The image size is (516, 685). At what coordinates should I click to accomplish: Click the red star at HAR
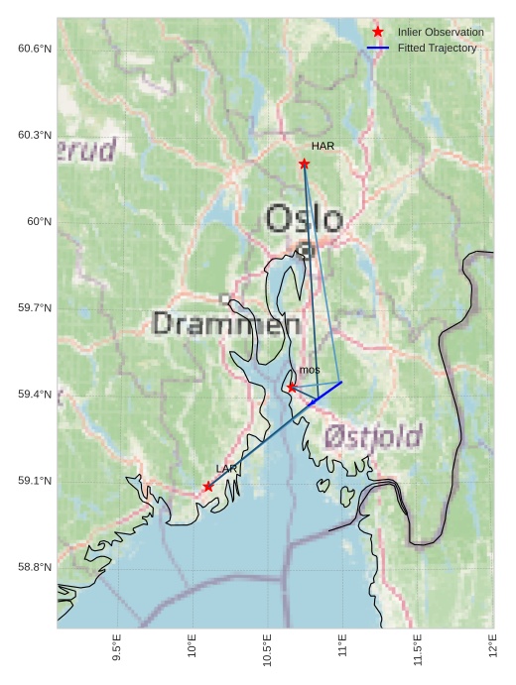pyautogui.click(x=304, y=164)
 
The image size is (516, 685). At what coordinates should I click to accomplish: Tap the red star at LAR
pyautogui.click(x=207, y=487)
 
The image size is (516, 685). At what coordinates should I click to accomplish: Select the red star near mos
pyautogui.click(x=292, y=388)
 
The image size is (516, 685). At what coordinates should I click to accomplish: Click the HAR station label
pyautogui.click(x=322, y=146)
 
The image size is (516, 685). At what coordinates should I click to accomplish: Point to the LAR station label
pyautogui.click(x=226, y=468)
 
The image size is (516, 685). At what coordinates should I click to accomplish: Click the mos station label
pyautogui.click(x=310, y=370)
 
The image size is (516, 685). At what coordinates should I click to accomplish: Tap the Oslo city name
pyautogui.click(x=305, y=219)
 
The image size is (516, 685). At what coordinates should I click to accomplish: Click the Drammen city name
pyautogui.click(x=227, y=324)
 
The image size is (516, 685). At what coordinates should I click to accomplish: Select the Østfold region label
pyautogui.click(x=373, y=435)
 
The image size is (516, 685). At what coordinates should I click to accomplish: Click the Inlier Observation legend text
pyautogui.click(x=441, y=33)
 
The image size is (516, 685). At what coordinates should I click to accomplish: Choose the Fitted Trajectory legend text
pyautogui.click(x=437, y=48)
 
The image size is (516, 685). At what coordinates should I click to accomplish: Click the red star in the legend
pyautogui.click(x=377, y=33)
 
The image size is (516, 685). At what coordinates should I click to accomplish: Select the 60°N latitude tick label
pyautogui.click(x=39, y=221)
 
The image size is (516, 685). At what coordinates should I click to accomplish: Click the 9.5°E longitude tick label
pyautogui.click(x=117, y=649)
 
